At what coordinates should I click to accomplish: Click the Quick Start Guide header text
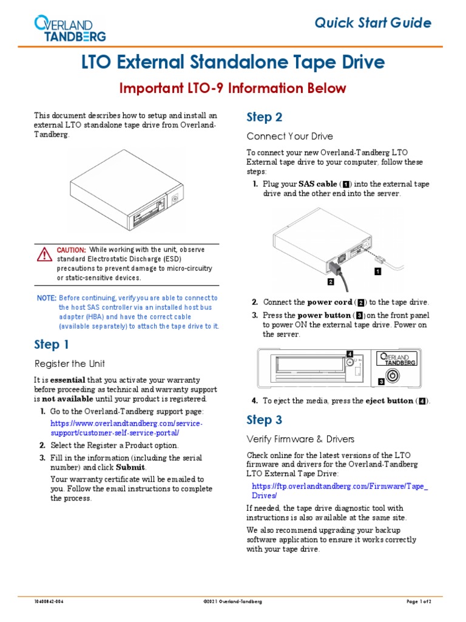tap(373, 23)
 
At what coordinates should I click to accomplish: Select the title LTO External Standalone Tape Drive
tap(233, 62)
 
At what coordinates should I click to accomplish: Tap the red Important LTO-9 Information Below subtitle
tap(233, 89)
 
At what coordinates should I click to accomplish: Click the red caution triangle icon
tap(43, 254)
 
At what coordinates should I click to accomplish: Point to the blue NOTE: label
tap(46, 298)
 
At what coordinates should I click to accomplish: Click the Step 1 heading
tap(52, 345)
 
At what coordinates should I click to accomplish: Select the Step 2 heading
tap(264, 117)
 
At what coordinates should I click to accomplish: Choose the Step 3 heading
tap(264, 420)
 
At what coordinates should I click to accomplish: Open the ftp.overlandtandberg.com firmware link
tap(340, 491)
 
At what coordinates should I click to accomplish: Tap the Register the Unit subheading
tap(69, 364)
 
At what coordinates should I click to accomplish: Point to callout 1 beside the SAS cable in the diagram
tap(377, 272)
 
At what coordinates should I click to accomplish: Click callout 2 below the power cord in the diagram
tap(330, 282)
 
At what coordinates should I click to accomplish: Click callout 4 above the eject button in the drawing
tap(349, 354)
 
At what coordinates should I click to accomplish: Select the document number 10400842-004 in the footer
tap(49, 601)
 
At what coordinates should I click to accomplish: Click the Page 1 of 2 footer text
tap(418, 601)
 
